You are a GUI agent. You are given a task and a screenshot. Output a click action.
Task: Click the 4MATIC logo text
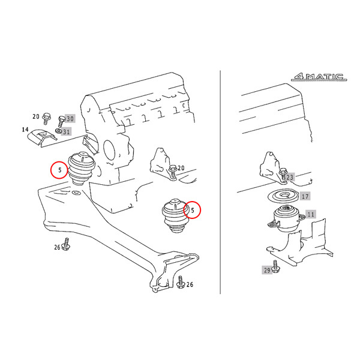(x=319, y=77)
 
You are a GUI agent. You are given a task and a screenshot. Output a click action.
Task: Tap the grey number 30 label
(x=70, y=119)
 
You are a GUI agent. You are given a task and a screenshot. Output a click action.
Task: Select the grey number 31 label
(x=67, y=132)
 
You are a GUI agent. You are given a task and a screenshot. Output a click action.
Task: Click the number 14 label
(x=25, y=130)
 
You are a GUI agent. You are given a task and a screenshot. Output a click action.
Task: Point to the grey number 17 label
(x=305, y=196)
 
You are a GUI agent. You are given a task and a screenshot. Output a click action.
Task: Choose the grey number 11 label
(x=311, y=214)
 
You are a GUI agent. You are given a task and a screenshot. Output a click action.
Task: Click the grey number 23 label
(x=290, y=177)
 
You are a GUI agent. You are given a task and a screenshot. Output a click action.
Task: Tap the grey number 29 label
(x=267, y=270)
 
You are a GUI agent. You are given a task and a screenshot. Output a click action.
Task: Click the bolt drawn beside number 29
(x=275, y=267)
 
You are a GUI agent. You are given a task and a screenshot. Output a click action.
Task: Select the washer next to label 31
(x=58, y=131)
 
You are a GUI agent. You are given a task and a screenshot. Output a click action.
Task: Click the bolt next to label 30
(x=61, y=121)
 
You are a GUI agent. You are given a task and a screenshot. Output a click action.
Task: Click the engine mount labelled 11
(x=287, y=218)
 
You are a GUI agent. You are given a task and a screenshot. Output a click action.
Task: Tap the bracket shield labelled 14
(x=42, y=138)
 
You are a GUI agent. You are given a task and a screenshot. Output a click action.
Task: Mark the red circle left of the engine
(x=59, y=170)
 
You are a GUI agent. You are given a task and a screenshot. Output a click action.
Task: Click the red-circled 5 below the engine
(x=192, y=210)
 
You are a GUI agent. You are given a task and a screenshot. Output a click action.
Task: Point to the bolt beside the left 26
(x=66, y=244)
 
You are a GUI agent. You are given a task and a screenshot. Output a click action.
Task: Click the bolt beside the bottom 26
(x=181, y=282)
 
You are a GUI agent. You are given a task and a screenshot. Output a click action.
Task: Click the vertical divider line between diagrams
(x=220, y=182)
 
